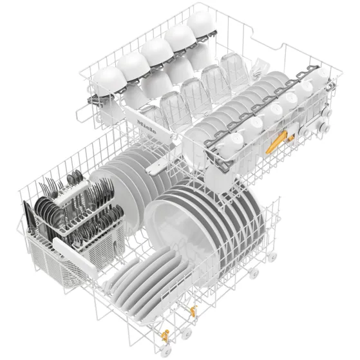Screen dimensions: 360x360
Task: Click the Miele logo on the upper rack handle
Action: point(146,127)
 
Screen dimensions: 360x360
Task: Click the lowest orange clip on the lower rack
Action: point(165,336)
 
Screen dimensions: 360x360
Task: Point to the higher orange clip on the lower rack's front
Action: point(193,311)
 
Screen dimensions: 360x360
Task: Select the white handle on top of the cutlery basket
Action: point(71,193)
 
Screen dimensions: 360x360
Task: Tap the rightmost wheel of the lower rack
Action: point(272,256)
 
